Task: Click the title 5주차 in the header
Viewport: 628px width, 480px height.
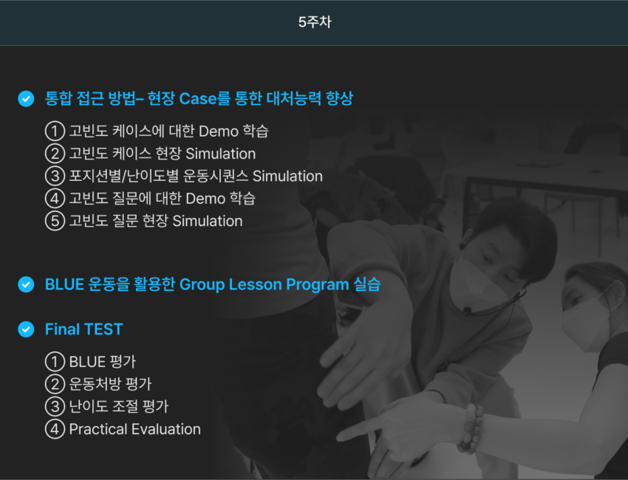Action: click(314, 22)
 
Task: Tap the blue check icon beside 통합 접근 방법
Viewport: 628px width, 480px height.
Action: click(26, 98)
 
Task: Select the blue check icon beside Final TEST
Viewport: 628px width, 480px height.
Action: click(26, 329)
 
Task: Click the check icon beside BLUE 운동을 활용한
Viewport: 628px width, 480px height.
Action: click(26, 284)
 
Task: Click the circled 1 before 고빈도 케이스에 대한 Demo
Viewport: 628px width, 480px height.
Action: click(55, 131)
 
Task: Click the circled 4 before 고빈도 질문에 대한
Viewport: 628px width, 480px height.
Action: click(55, 199)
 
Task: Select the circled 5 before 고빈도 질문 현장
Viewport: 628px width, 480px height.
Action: click(55, 221)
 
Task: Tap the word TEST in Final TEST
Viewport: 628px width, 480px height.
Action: click(103, 329)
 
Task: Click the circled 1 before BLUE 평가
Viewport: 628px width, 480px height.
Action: click(55, 362)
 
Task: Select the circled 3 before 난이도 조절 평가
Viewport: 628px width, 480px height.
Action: click(55, 407)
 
